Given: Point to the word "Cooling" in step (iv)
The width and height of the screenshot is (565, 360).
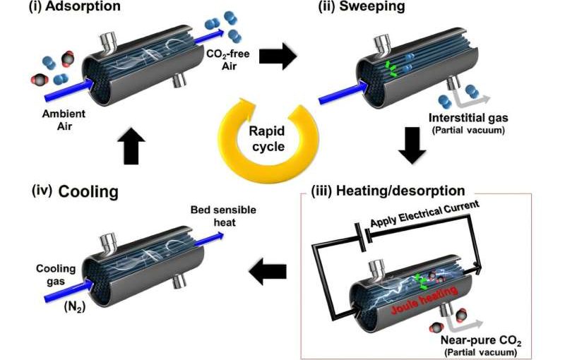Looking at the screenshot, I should pos(88,192).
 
